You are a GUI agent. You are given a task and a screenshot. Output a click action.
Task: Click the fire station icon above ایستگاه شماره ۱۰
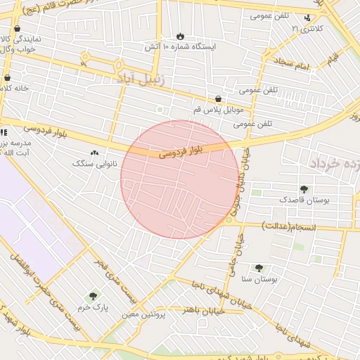point(181,36)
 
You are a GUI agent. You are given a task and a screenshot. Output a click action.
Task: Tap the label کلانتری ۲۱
point(311,29)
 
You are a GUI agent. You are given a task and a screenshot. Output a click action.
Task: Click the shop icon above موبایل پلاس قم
point(219,99)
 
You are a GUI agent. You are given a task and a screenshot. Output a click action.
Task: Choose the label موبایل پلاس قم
point(219,110)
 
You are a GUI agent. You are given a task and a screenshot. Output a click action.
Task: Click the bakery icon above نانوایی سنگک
point(96,153)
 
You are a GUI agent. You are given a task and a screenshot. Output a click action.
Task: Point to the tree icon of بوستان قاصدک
point(304,189)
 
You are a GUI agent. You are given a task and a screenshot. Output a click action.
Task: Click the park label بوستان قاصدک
point(304,200)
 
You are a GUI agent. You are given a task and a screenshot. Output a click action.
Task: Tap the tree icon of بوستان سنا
point(259,268)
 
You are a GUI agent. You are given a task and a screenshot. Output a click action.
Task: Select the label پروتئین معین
point(143,315)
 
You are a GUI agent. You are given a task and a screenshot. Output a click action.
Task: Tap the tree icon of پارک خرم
point(93,297)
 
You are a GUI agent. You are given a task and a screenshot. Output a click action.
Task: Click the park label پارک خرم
point(93,308)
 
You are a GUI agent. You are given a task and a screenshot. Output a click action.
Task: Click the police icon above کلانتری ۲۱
point(307,18)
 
